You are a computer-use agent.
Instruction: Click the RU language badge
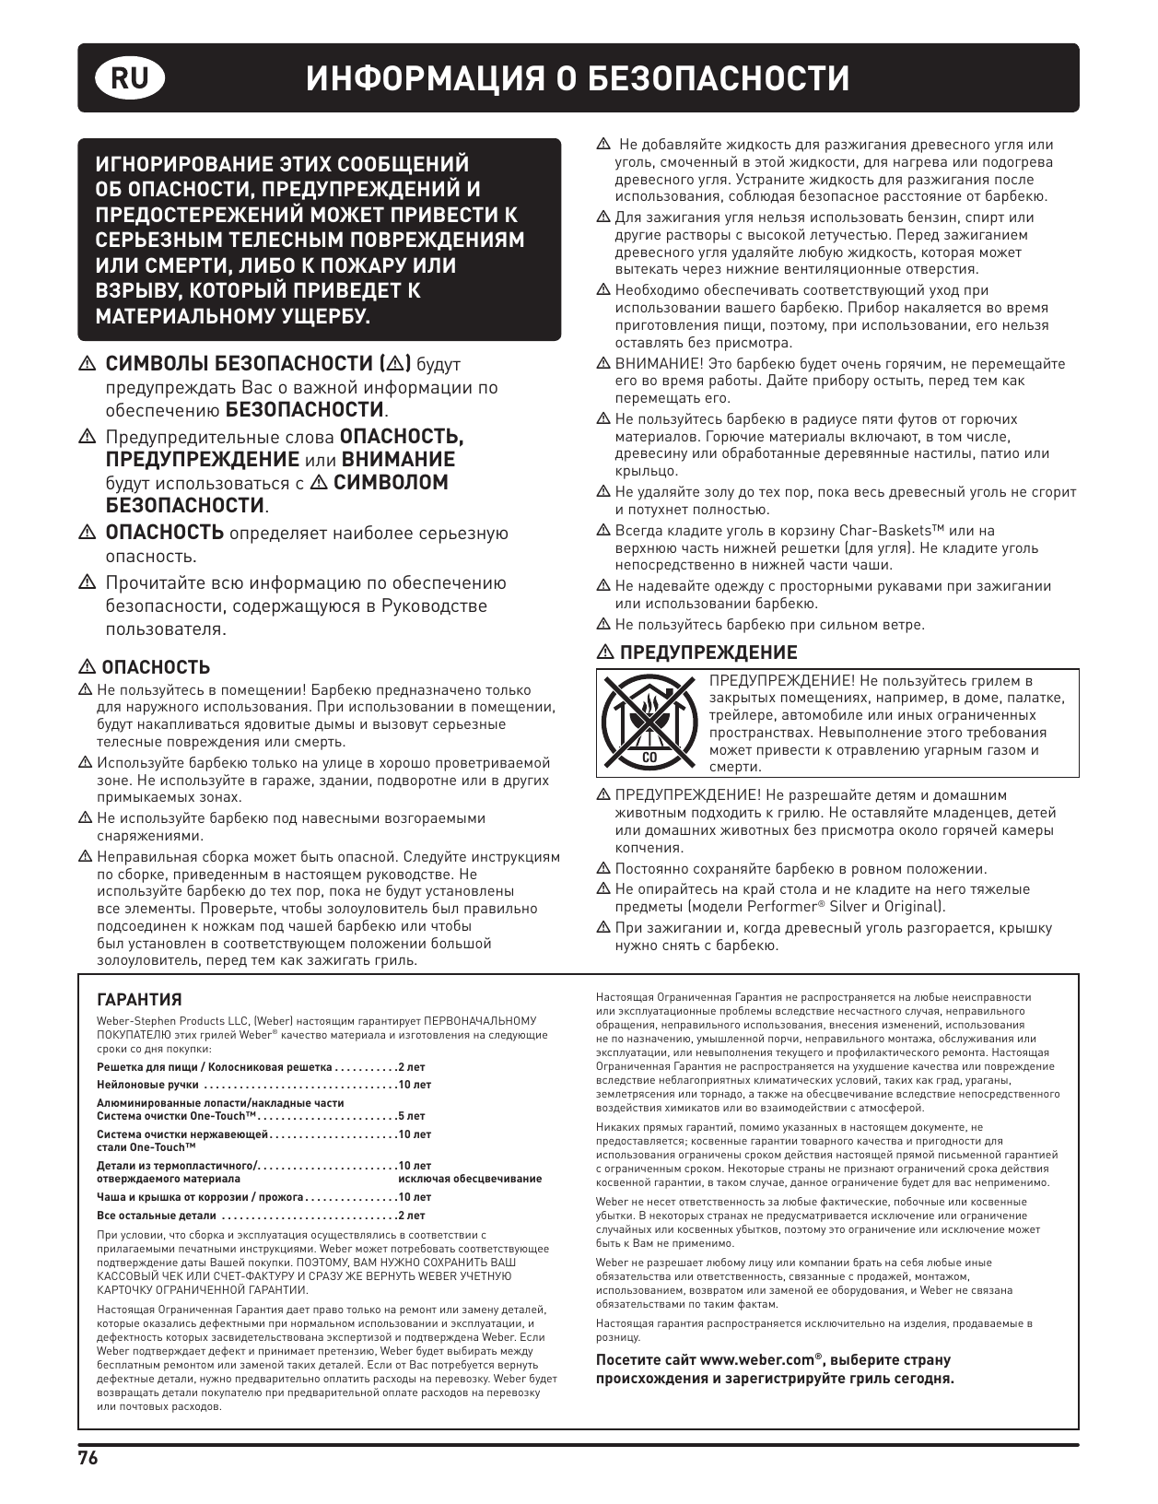[x=129, y=79]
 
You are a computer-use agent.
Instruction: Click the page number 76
[x=88, y=1458]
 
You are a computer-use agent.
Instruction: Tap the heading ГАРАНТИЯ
[x=139, y=1000]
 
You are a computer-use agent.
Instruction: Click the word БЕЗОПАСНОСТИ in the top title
[x=719, y=79]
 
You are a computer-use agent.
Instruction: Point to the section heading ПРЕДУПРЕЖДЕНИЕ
[x=708, y=652]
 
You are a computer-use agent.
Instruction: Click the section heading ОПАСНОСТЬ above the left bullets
[x=155, y=667]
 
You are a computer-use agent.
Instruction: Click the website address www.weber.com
[x=756, y=1360]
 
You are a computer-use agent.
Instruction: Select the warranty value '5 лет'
[x=412, y=1116]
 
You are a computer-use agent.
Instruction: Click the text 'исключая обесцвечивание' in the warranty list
[x=470, y=1179]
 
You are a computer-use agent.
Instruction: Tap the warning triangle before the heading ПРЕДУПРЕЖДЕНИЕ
[x=604, y=652]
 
